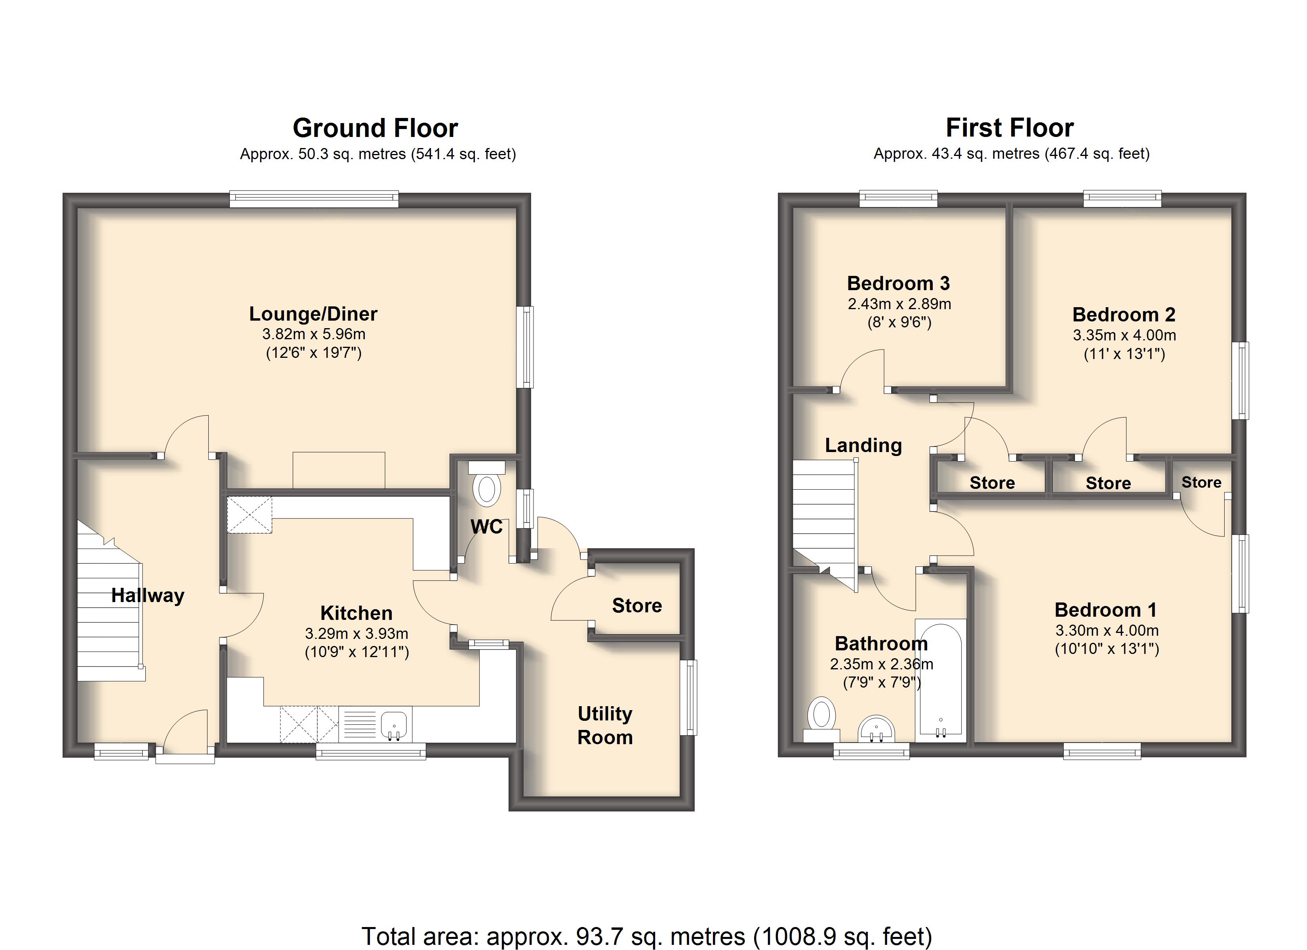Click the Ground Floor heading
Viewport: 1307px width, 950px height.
[x=375, y=128]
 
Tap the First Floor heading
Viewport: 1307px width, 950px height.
[x=1010, y=127]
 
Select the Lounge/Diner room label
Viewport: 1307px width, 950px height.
[x=313, y=314]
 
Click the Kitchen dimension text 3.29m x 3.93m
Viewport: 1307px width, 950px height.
[x=357, y=634]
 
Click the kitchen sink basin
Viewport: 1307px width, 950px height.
[x=394, y=724]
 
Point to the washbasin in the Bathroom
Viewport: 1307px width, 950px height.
[x=876, y=729]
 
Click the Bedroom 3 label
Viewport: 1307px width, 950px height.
[x=898, y=283]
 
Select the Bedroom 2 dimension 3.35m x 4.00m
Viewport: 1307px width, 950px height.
[x=1124, y=335]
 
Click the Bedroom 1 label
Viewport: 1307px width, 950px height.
[x=1106, y=610]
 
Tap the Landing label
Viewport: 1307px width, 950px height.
[x=863, y=445]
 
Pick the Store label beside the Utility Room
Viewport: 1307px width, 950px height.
[x=637, y=606]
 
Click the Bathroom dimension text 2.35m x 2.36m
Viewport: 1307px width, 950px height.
[x=882, y=664]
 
